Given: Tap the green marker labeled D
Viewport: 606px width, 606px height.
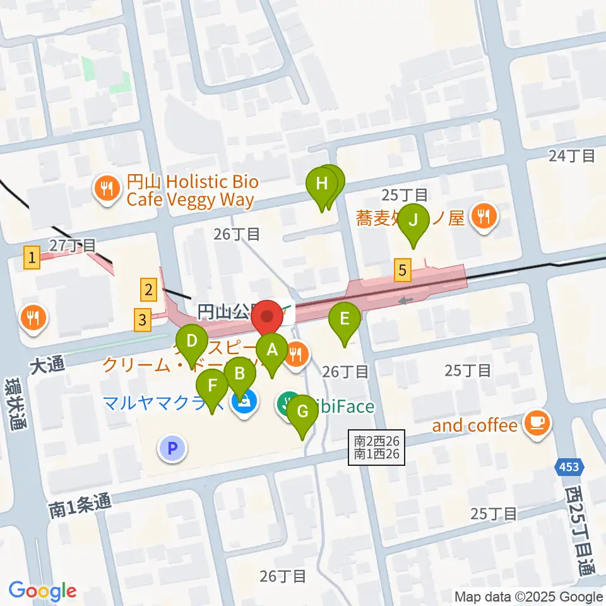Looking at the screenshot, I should click(x=193, y=344).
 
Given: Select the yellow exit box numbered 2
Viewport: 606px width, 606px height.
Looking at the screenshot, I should click(x=148, y=290).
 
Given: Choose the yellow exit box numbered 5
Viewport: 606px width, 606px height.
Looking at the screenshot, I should click(x=403, y=271).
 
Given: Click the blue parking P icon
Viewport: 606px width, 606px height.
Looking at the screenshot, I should click(x=174, y=449).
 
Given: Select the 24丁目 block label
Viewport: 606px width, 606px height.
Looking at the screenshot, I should click(x=572, y=155).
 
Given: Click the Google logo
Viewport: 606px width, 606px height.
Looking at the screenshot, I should click(x=42, y=591).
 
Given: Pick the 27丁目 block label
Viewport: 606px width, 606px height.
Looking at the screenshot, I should click(x=73, y=244).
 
